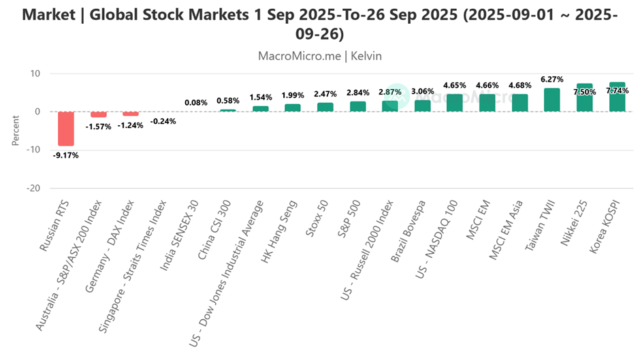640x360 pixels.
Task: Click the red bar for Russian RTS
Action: click(x=65, y=129)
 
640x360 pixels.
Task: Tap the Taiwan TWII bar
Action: click(x=552, y=100)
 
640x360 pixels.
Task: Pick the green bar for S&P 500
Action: click(x=358, y=106)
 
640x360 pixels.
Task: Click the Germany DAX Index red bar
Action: click(x=131, y=114)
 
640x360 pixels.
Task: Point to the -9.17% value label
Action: click(x=65, y=155)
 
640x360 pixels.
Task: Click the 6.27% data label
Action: click(x=552, y=80)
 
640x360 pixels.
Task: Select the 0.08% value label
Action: click(x=196, y=103)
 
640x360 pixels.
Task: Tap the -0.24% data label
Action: click(x=163, y=121)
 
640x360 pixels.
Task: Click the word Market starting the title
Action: click(x=52, y=15)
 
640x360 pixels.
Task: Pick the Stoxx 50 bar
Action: click(x=325, y=107)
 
